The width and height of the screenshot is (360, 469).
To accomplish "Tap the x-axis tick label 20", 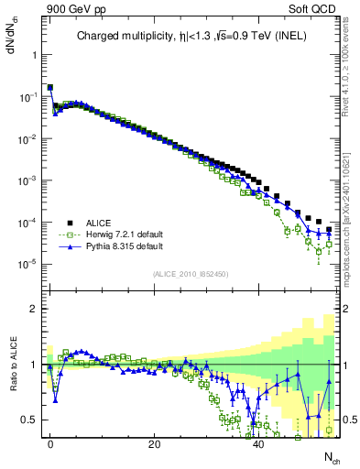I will pos(155,443).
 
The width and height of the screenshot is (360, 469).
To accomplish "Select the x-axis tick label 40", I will pos(259,443).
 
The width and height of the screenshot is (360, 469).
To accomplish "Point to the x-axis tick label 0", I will pos(50,443).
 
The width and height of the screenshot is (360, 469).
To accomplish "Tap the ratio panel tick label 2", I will pos(35,309).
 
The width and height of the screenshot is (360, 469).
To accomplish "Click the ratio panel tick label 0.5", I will pos(30,420).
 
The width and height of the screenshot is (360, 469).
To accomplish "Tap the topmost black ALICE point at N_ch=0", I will pos(50,88).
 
